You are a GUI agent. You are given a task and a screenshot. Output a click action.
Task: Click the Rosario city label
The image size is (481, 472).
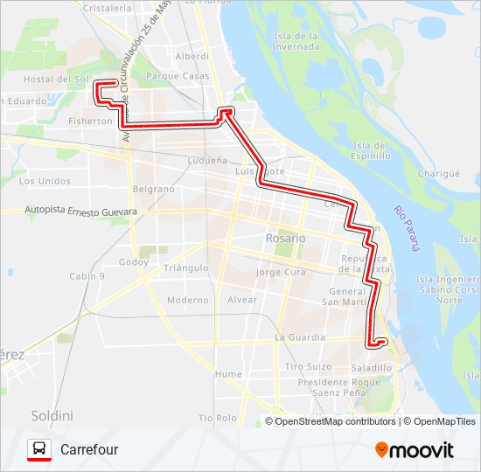pos(286,238)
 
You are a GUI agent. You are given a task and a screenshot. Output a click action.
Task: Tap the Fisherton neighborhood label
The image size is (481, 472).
pos(92,121)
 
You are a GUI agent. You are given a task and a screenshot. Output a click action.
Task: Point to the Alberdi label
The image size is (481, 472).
pos(192,56)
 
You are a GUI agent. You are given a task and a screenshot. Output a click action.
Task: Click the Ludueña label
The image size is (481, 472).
pos(208,161)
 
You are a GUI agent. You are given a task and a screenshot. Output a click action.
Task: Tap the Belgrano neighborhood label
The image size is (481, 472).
pos(153,189)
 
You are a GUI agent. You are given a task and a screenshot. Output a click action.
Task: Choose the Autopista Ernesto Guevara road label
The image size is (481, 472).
pos(81,212)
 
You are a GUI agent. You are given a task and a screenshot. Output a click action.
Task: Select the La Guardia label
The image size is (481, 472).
pos(300,337)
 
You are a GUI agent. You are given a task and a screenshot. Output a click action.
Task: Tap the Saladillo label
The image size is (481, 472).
pos(372,368)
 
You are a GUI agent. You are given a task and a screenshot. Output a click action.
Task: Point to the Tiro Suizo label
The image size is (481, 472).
pos(308,367)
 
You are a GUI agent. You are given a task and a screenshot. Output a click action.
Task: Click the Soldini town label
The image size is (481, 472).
pos(52,414)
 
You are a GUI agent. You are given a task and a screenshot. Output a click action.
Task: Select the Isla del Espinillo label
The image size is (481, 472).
pos(371,150)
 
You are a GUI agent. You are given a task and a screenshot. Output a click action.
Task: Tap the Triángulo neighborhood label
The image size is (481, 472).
pos(186,267)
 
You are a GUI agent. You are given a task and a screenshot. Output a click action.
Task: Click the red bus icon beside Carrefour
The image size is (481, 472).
pos(39,449)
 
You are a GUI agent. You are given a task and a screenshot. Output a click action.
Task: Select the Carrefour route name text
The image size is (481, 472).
pos(89,449)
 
